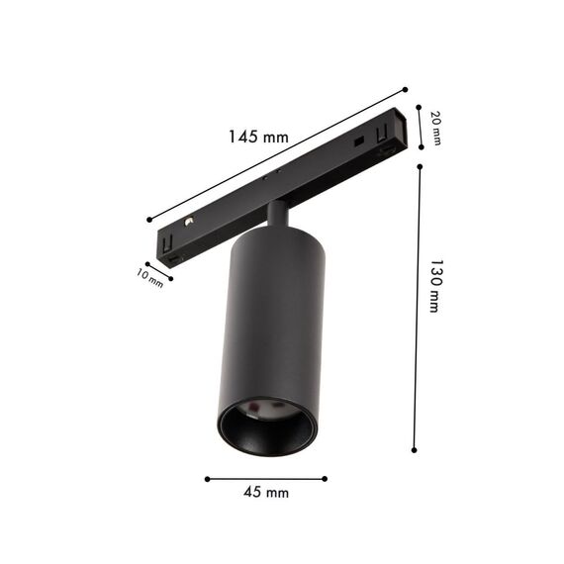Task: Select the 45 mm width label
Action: [x=267, y=492]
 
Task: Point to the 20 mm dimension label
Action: [x=436, y=128]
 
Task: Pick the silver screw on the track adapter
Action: [x=188, y=219]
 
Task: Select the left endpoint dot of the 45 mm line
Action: [x=207, y=479]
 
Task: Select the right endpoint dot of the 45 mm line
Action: [x=326, y=479]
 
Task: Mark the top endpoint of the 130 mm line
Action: [x=420, y=166]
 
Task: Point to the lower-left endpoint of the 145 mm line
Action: [x=148, y=220]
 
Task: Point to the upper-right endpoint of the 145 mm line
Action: [x=405, y=87]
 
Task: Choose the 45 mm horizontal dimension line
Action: [x=266, y=479]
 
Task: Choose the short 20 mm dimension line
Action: [x=421, y=128]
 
